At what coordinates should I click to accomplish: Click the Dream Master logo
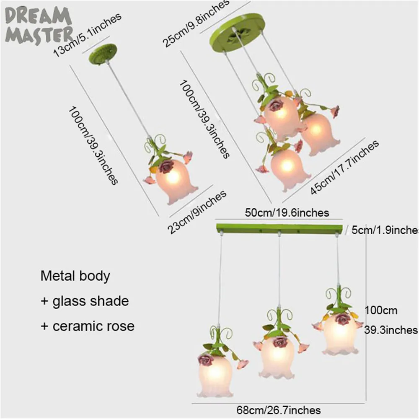click(39, 26)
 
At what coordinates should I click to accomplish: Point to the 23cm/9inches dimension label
click(197, 212)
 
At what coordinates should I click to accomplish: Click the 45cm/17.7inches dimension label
click(344, 167)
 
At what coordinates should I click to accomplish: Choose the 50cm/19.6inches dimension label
click(287, 213)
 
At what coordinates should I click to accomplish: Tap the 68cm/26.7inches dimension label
click(279, 410)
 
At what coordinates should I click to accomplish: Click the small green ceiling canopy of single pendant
click(103, 54)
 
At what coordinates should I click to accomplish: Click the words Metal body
click(75, 276)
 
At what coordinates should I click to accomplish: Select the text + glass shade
click(85, 301)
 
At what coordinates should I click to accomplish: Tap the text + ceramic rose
click(88, 326)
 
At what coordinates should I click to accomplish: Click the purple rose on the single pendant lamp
click(166, 166)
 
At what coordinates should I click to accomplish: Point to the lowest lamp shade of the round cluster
click(290, 170)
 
